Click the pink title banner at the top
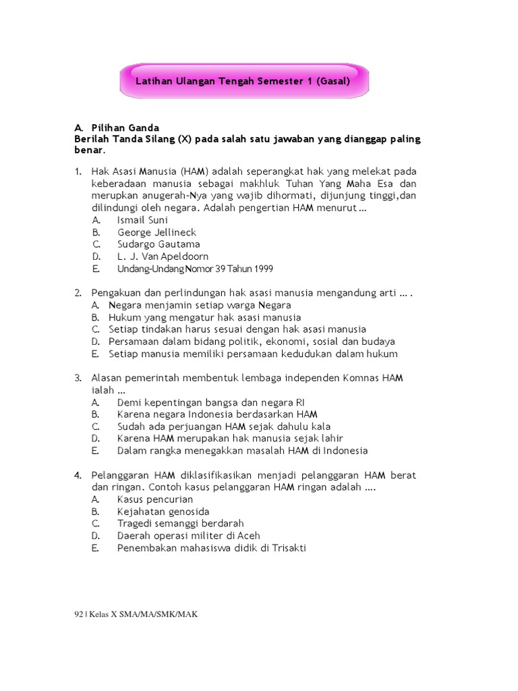point(243,80)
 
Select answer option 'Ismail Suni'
point(142,220)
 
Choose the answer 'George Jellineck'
point(156,232)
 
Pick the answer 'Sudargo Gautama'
point(159,244)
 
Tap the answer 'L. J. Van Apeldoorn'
point(163,256)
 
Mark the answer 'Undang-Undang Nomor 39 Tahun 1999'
point(195,269)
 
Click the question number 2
point(78,293)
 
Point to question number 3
point(78,378)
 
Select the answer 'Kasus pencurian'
point(155,499)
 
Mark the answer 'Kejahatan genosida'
point(163,512)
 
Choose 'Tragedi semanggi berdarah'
point(180,524)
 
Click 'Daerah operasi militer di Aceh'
point(188,536)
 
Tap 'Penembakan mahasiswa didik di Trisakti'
point(211,548)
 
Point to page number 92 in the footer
point(78,614)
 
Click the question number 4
point(78,475)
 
